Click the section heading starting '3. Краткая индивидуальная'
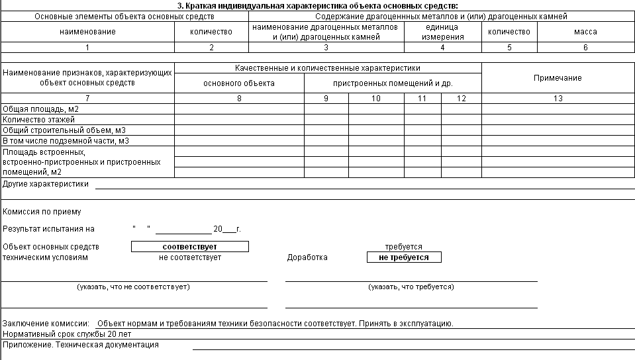pos(317,6)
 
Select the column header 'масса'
pos(585,31)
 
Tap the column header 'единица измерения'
pos(442,32)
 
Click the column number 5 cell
pos(509,47)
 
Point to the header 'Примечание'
pos(558,78)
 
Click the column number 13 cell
pos(558,99)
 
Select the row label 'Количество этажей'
pos(39,120)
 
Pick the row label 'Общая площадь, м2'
pos(41,109)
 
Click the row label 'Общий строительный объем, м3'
pos(64,130)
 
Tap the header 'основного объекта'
pos(238,83)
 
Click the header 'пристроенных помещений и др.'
pos(393,83)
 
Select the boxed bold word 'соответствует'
pos(189,247)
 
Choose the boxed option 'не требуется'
pos(403,257)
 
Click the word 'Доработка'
pos(307,257)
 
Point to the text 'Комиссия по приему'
pos(42,212)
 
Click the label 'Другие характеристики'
pos(46,184)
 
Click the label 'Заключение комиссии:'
pos(46,324)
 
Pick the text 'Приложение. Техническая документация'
pos(81,345)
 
